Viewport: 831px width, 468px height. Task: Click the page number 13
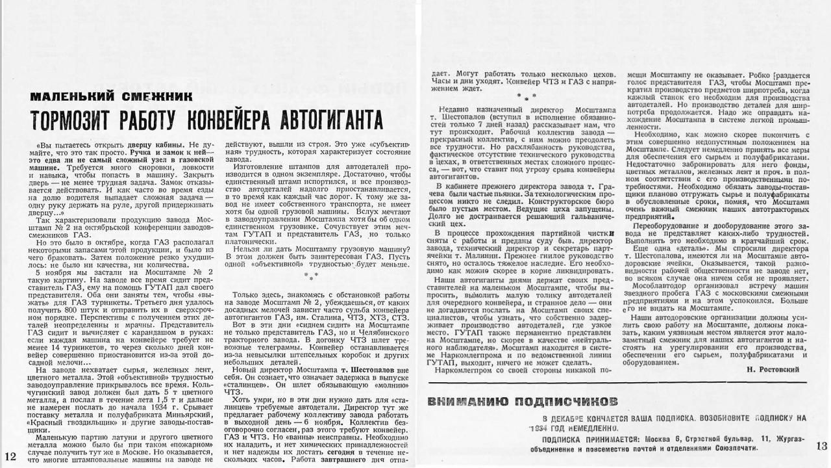(x=821, y=445)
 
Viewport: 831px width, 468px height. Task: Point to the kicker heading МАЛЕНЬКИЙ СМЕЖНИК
(x=111, y=97)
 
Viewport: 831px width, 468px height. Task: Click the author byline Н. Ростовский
(x=773, y=369)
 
